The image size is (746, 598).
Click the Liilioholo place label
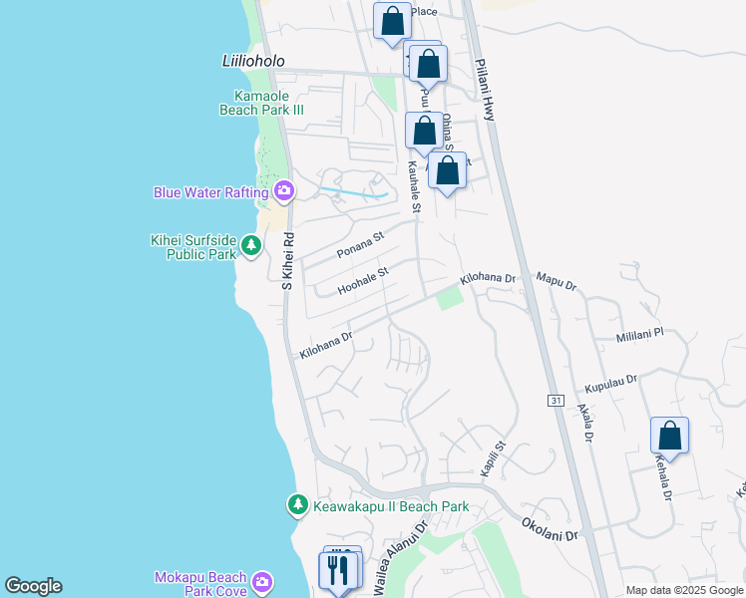pyautogui.click(x=253, y=61)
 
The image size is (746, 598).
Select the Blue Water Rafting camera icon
pyautogui.click(x=284, y=190)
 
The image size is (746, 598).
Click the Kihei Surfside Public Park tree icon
pyautogui.click(x=251, y=245)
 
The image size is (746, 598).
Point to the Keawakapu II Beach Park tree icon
pyautogui.click(x=297, y=506)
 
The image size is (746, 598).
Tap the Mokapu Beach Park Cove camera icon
pyautogui.click(x=262, y=581)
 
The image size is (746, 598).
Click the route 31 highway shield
pyautogui.click(x=556, y=400)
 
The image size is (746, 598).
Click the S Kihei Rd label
pyautogui.click(x=286, y=262)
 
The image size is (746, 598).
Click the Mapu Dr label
pyautogui.click(x=557, y=280)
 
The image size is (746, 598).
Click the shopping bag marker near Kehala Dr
pyautogui.click(x=669, y=437)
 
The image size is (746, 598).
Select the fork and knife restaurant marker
pyautogui.click(x=337, y=571)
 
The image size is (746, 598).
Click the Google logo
pyautogui.click(x=33, y=586)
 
